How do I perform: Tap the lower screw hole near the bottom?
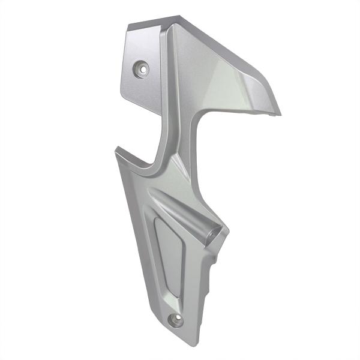point(176,319)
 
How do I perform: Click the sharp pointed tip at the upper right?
point(280,112)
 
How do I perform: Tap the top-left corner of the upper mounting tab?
point(128,27)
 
